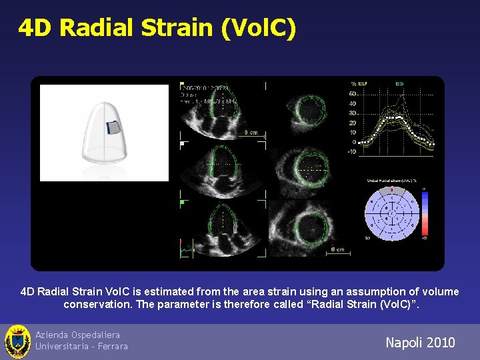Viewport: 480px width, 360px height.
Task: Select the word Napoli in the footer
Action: (402, 343)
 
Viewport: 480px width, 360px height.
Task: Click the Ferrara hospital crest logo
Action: (17, 341)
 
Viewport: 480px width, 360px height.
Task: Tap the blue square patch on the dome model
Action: (115, 127)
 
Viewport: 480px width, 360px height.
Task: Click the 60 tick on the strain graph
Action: (352, 94)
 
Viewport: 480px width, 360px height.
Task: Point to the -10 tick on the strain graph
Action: (351, 151)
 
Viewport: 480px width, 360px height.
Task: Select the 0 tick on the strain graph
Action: (354, 142)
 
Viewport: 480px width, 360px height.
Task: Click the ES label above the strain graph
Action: (399, 83)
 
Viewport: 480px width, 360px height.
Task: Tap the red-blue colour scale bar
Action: (423, 213)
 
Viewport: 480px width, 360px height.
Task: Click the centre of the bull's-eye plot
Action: (391, 213)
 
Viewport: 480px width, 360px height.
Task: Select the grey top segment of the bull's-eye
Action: (391, 191)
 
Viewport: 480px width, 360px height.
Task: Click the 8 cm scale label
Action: (250, 133)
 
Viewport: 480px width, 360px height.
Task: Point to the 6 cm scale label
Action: (337, 250)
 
